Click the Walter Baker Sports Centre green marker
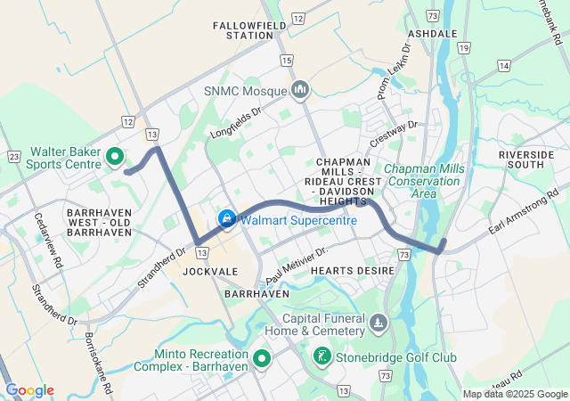point(114,158)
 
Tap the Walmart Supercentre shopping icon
point(227,218)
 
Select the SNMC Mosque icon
point(300,90)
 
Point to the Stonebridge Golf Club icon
point(321,357)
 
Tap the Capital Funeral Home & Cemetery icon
point(379,321)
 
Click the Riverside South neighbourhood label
point(526,160)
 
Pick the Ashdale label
point(432,33)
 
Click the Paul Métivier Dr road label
point(297,260)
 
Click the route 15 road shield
point(286,60)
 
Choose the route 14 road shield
point(504,66)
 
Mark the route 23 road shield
point(13,155)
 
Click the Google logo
point(29,390)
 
